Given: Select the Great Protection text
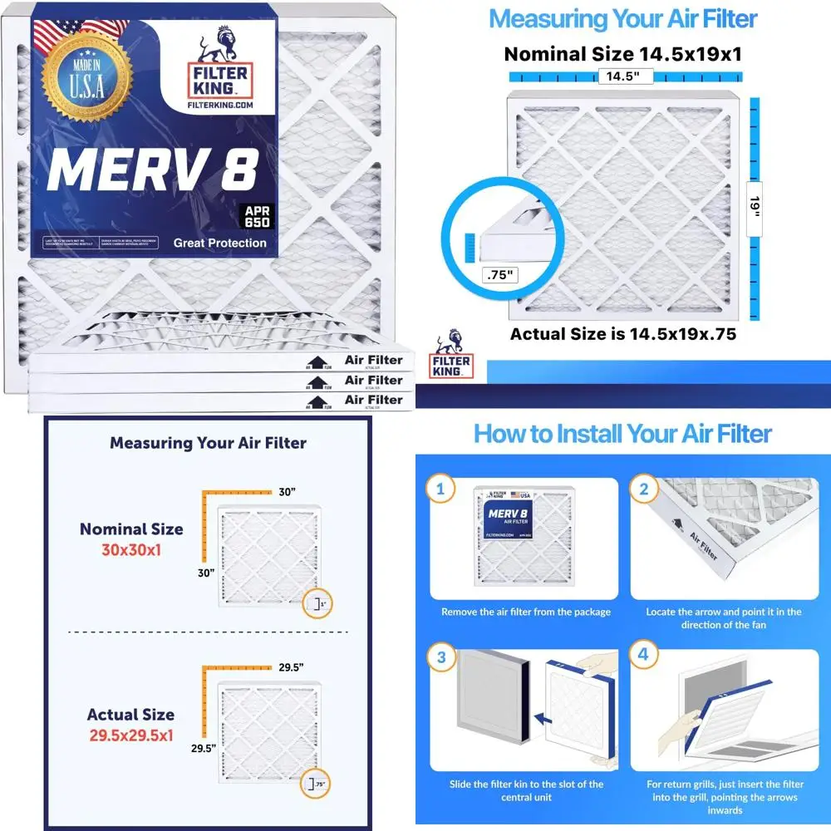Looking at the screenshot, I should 219,243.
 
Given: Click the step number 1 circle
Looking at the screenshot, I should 441,489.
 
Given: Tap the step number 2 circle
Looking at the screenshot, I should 643,489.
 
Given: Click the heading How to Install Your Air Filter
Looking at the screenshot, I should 623,433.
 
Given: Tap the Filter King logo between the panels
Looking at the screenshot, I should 452,355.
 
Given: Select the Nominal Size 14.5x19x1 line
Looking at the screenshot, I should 623,55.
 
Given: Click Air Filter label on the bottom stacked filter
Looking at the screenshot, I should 373,400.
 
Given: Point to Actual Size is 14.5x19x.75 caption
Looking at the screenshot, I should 623,335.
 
